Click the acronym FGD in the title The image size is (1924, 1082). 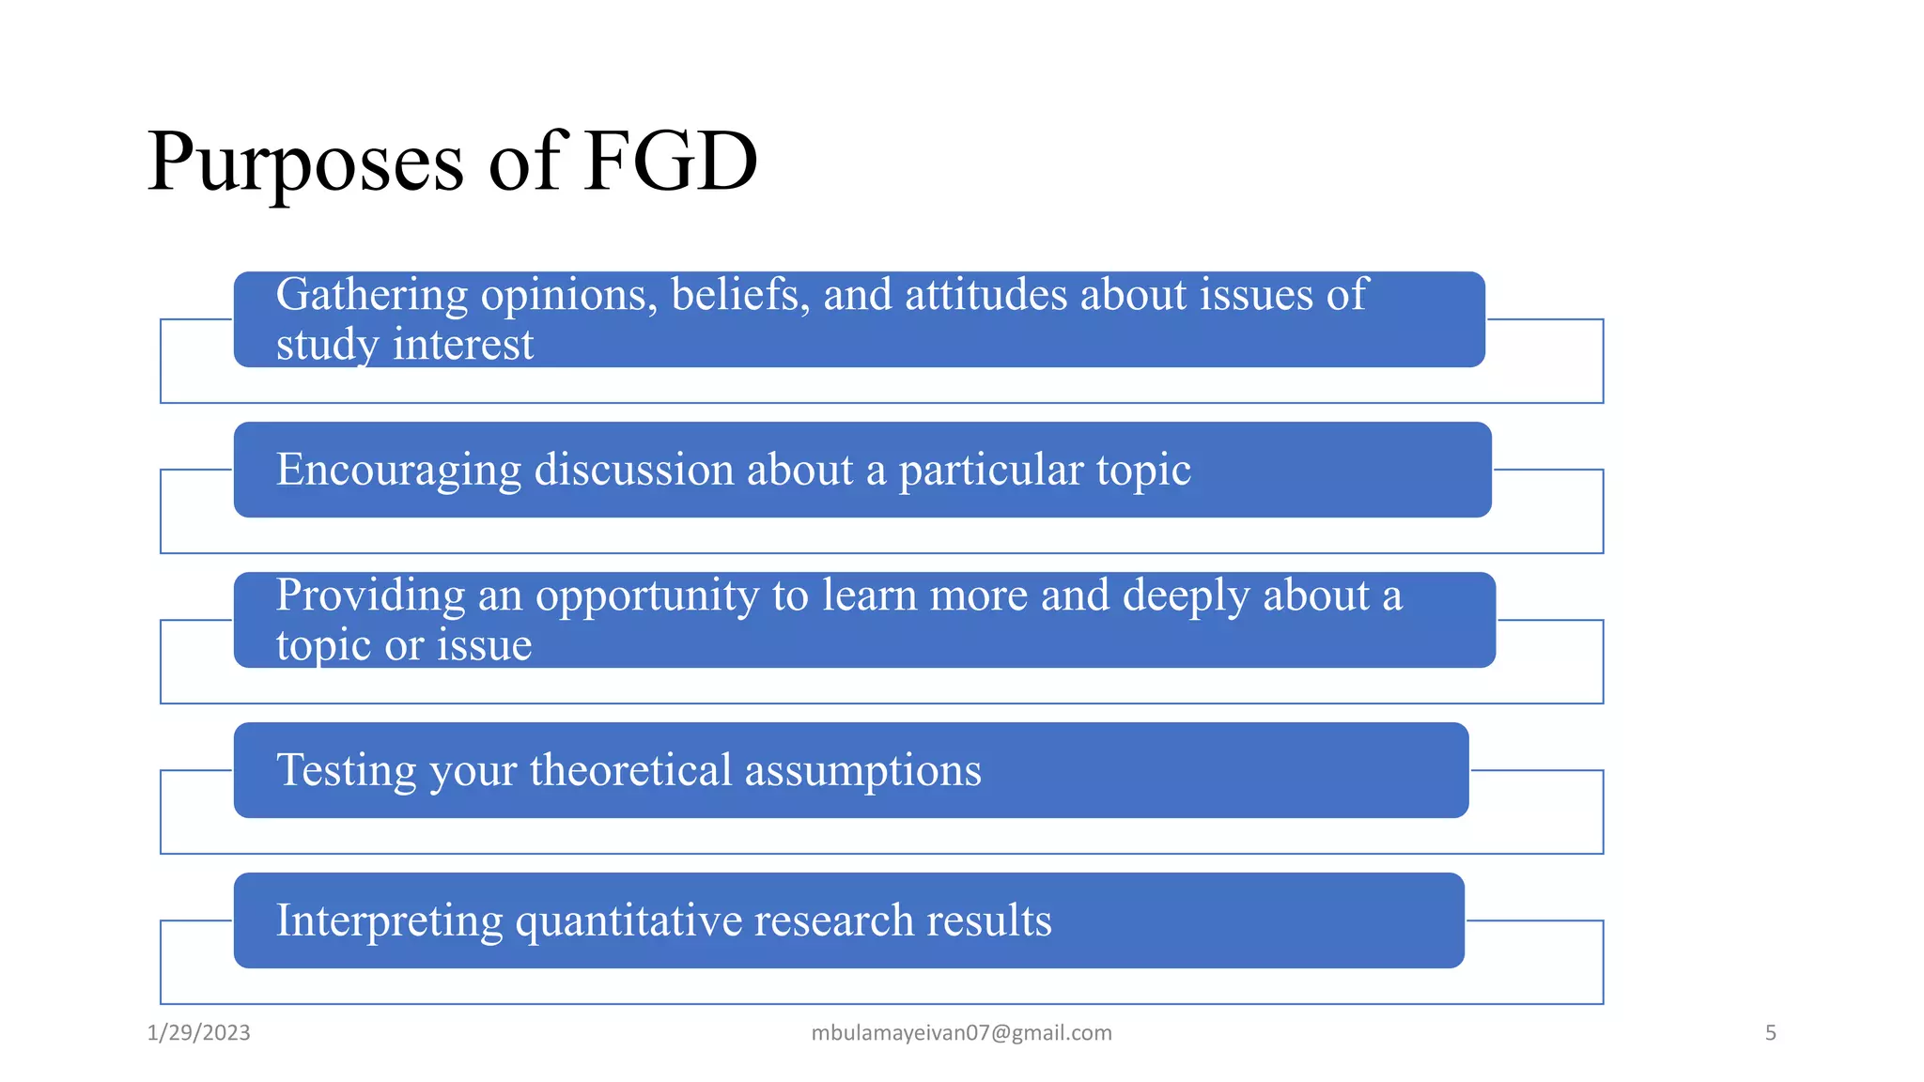[x=670, y=162]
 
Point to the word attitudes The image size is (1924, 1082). [x=986, y=295]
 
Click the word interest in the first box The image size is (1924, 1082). [x=463, y=345]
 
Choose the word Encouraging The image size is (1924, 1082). [x=398, y=471]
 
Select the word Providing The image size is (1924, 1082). [x=370, y=596]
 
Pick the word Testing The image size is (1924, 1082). [x=347, y=771]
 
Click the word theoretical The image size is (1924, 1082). [x=630, y=770]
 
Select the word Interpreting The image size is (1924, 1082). [x=389, y=921]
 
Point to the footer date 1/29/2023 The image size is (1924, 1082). [x=199, y=1033]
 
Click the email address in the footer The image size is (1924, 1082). [x=961, y=1033]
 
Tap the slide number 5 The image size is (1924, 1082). [x=1770, y=1033]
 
